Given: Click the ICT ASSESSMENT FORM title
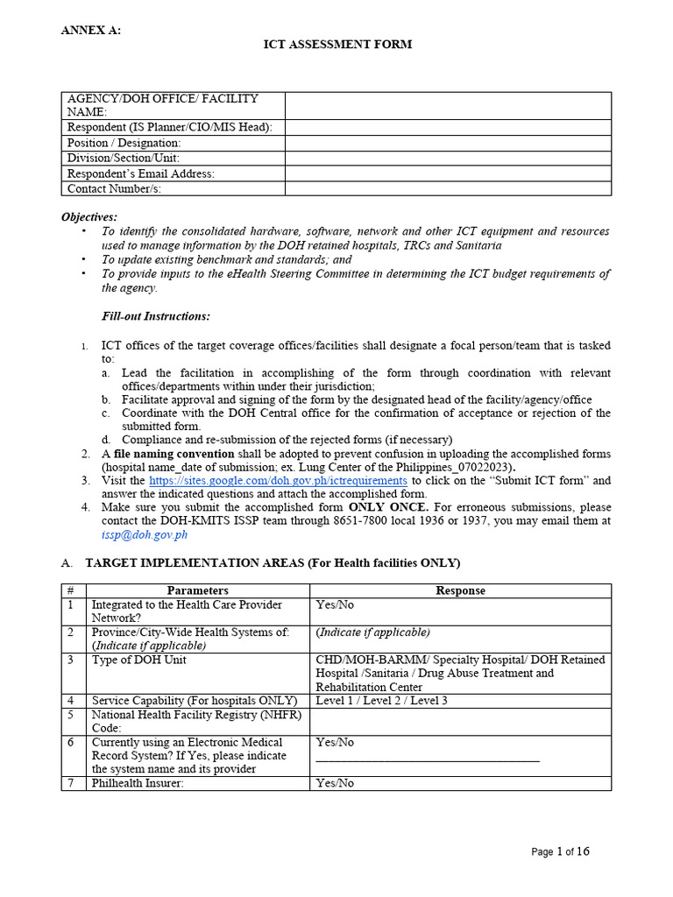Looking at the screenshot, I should point(337,45).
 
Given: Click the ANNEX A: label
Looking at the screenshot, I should point(90,31).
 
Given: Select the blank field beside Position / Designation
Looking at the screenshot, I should point(447,143).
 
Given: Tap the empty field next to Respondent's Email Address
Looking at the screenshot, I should point(447,173).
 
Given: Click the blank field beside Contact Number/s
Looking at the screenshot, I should point(447,188).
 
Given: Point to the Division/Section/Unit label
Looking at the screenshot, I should point(124,159).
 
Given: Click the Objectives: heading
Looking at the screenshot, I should point(89,217).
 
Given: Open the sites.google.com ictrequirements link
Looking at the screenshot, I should point(278,481).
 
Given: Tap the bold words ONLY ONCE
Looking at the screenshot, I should point(388,507).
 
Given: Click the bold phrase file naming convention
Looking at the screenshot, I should point(174,454).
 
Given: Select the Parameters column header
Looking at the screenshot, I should point(198,590).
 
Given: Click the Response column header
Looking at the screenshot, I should point(460,590).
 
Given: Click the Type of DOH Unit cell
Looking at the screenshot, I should point(138,660).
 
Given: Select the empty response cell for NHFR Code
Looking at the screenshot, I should point(460,722).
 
